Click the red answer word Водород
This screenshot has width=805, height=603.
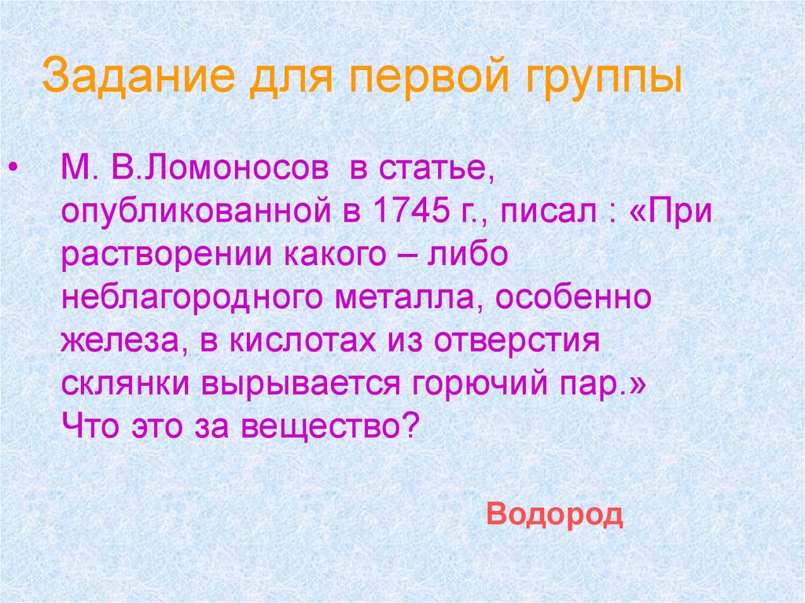click(554, 515)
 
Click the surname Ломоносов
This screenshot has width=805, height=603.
click(237, 171)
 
